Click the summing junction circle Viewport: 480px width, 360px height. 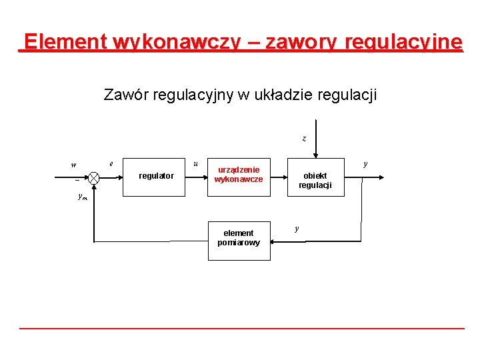point(94,178)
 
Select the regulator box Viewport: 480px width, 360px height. point(156,176)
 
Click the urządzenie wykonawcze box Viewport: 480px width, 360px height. point(239,175)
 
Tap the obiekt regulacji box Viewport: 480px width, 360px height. point(315,180)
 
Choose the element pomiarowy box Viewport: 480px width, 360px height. point(239,238)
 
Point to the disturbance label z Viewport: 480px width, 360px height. point(304,139)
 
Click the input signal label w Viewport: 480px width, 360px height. point(73,165)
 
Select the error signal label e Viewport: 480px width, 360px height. point(111,162)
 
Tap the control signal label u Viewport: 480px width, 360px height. point(195,163)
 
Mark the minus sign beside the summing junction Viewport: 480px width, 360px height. point(77,181)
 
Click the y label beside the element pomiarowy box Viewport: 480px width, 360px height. point(297,229)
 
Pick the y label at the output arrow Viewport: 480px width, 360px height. point(365,163)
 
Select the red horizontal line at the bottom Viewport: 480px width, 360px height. point(241,328)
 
